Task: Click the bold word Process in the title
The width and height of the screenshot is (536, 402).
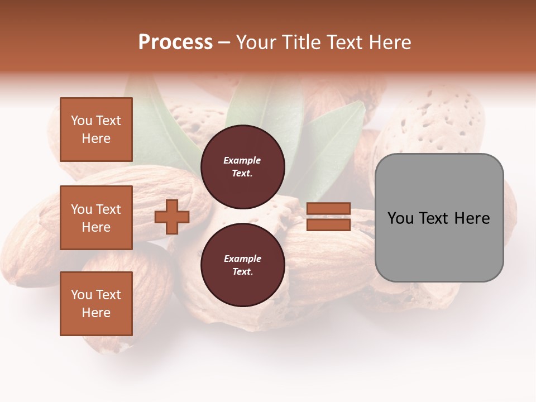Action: [175, 42]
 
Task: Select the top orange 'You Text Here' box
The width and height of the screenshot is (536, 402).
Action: [96, 130]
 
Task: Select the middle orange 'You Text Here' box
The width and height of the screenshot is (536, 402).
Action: [96, 218]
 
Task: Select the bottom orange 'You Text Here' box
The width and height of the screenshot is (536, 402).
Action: [96, 304]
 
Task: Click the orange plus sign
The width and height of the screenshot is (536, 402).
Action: [172, 217]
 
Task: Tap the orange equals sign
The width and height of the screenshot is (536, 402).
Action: [328, 217]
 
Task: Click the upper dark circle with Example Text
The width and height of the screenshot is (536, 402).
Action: [242, 167]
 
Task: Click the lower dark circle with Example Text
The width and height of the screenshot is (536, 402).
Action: [242, 265]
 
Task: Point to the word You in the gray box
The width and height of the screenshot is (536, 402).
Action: [400, 218]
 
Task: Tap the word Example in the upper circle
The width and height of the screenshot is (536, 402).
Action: [242, 161]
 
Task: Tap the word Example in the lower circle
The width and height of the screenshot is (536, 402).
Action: [242, 259]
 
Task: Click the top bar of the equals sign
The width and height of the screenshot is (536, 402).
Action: [328, 209]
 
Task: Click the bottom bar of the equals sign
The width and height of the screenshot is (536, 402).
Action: [328, 225]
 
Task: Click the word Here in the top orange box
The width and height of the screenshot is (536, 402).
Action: [96, 138]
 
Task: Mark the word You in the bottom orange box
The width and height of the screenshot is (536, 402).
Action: [82, 295]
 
